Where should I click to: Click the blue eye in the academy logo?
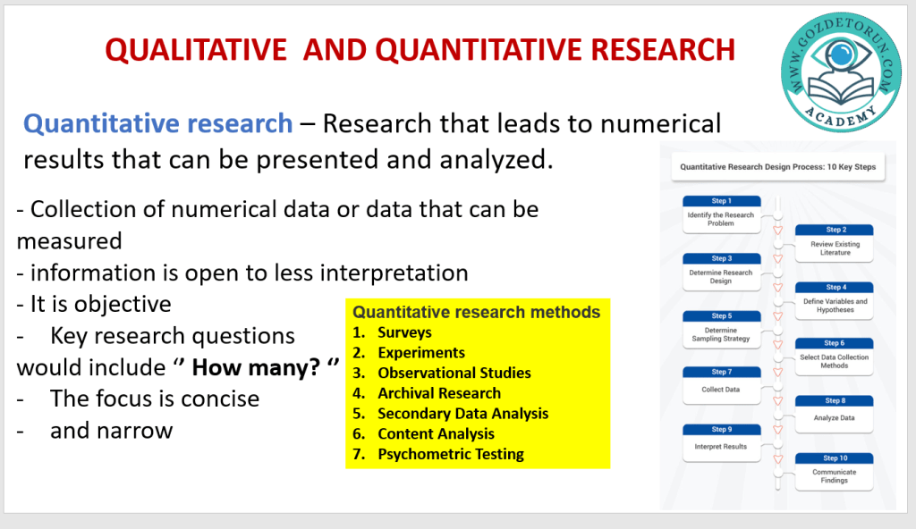[841, 54]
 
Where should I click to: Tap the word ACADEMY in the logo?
[840, 116]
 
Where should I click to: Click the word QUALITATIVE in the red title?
[196, 50]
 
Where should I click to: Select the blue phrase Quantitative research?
[157, 124]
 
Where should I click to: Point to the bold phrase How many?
[257, 368]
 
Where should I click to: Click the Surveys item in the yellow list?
[404, 332]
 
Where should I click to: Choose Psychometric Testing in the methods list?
[451, 454]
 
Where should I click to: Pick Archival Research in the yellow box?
[439, 393]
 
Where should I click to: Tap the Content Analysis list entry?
[436, 433]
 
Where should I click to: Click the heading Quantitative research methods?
[476, 312]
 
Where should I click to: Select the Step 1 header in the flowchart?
[722, 201]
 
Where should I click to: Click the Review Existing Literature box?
[835, 243]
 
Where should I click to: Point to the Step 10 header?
[835, 458]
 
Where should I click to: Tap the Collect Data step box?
[722, 385]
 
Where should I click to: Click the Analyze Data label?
[835, 418]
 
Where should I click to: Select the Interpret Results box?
[722, 442]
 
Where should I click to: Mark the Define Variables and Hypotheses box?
[835, 301]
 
